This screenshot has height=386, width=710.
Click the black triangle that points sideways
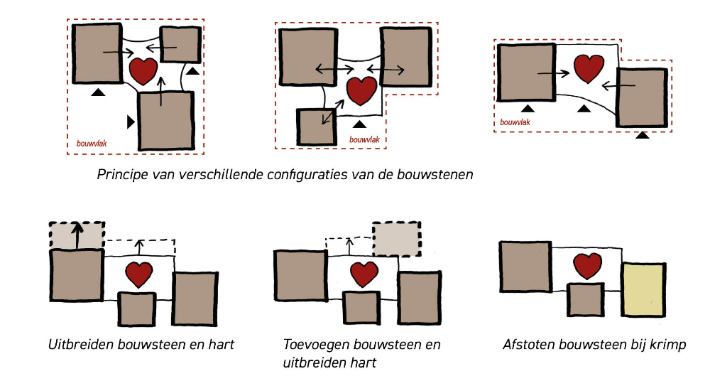[x=130, y=122]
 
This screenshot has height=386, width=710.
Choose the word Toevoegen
[x=316, y=345]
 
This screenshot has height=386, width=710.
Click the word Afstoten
[x=529, y=345]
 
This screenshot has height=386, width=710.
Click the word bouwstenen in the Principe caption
[x=435, y=173]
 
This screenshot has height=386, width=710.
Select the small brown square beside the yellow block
[x=586, y=299]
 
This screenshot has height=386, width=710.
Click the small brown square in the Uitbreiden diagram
[x=136, y=309]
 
